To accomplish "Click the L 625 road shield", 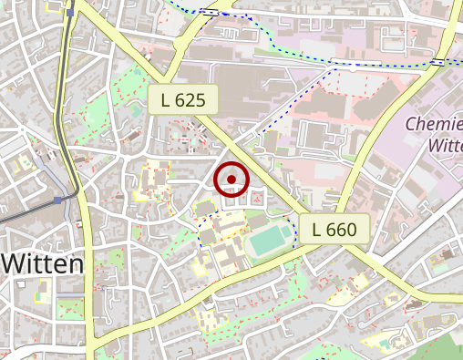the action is click(183, 99).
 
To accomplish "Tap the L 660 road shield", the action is click(334, 230).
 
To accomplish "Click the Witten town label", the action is click(43, 264).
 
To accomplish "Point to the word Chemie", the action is click(433, 124).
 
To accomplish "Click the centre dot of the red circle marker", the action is click(231, 180).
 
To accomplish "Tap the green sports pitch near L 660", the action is click(271, 242).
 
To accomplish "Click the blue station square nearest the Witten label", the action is click(57, 199).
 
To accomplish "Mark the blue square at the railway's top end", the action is click(70, 13).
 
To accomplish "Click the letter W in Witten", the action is click(15, 264).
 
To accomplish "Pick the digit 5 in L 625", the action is click(201, 99).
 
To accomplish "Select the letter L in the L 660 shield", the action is click(316, 230).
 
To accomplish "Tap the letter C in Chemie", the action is click(409, 124).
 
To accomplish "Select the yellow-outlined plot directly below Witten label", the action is click(42, 293).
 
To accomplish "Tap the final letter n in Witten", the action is click(76, 264).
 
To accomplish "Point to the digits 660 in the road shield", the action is click(342, 230).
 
